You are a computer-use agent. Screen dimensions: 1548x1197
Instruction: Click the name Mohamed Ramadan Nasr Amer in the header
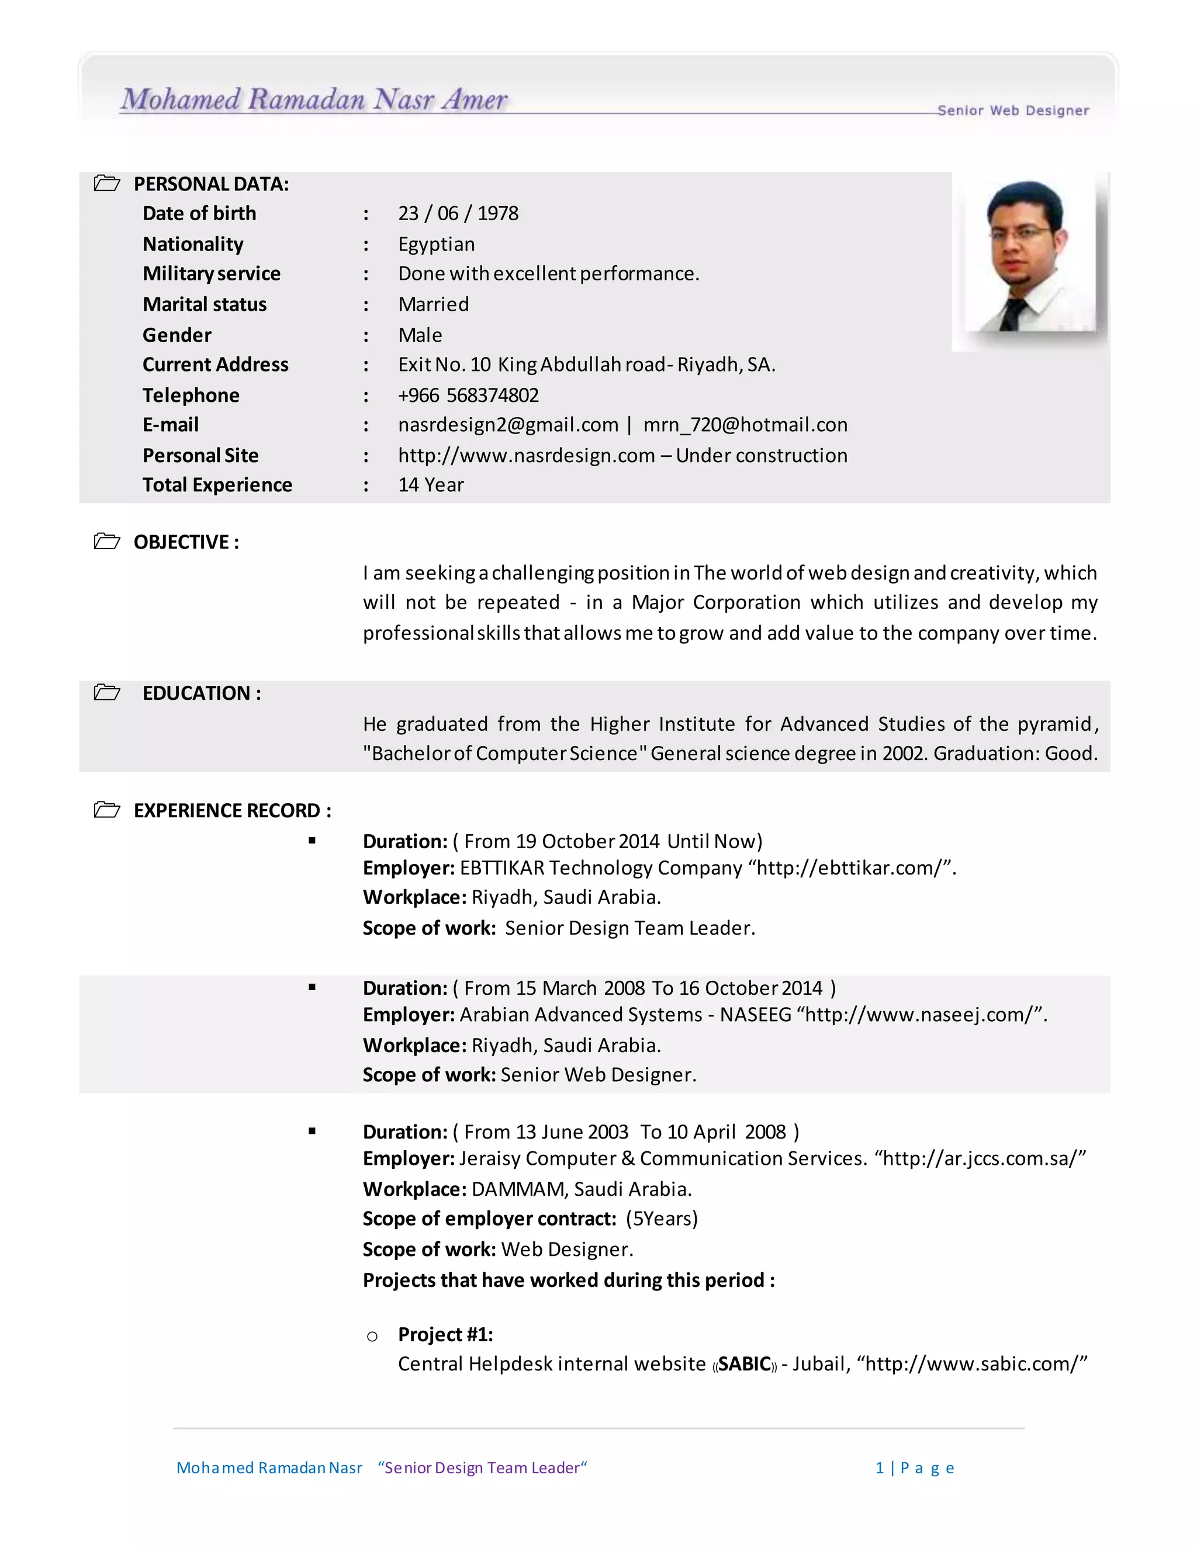click(x=314, y=100)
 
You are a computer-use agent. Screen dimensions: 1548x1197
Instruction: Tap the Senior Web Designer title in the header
click(x=1013, y=110)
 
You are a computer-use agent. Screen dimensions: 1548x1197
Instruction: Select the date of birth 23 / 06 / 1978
click(x=458, y=213)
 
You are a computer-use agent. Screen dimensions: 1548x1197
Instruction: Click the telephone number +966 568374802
click(x=468, y=395)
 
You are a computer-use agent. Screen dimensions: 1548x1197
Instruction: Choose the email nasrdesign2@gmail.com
click(x=508, y=425)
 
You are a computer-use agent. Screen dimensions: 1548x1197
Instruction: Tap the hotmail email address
click(x=745, y=425)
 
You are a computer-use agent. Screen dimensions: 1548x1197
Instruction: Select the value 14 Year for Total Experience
click(x=430, y=485)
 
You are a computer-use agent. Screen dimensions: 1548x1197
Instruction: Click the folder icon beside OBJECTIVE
click(x=107, y=542)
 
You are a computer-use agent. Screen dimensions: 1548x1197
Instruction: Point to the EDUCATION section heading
click(x=202, y=693)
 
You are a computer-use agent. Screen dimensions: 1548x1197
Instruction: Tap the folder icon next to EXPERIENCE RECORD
click(x=107, y=810)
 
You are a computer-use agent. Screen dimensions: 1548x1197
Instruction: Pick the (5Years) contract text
click(x=662, y=1219)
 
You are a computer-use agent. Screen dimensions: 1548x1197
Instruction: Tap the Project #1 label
click(x=445, y=1334)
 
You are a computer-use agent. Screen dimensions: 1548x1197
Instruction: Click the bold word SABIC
click(x=745, y=1364)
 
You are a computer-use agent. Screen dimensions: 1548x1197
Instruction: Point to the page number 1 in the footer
click(x=879, y=1467)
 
